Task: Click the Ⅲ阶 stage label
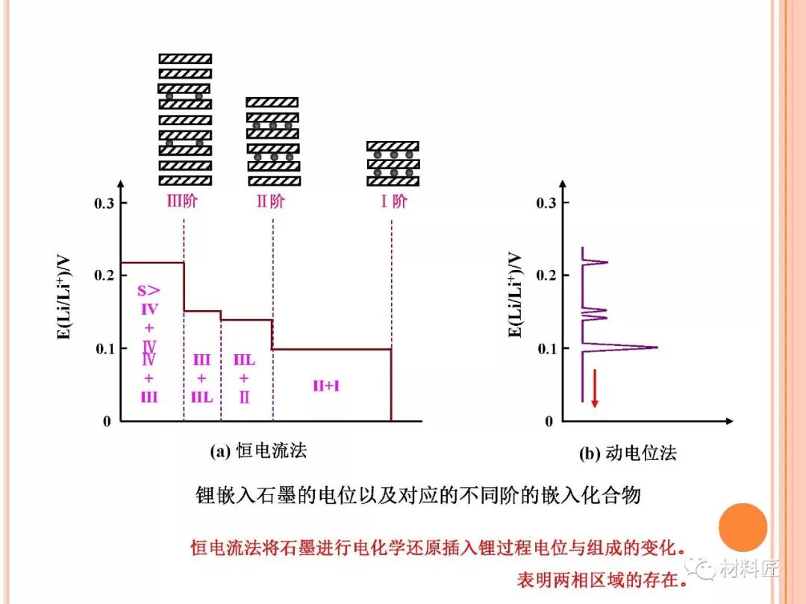pyautogui.click(x=182, y=202)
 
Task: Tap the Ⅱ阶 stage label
pyautogui.click(x=271, y=202)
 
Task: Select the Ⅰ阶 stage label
pyautogui.click(x=394, y=202)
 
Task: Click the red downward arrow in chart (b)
pyautogui.click(x=595, y=388)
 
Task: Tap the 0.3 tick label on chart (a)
pyautogui.click(x=104, y=204)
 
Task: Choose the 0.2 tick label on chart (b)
pyautogui.click(x=546, y=275)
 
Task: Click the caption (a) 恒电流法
pyautogui.click(x=258, y=450)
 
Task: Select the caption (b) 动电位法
pyautogui.click(x=628, y=453)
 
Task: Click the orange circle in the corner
pyautogui.click(x=743, y=527)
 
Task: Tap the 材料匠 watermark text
pyautogui.click(x=749, y=570)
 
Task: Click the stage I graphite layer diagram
pyautogui.click(x=393, y=163)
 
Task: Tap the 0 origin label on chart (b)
pyautogui.click(x=548, y=421)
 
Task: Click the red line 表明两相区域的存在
pyautogui.click(x=602, y=579)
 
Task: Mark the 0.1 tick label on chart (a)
pyautogui.click(x=104, y=348)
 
